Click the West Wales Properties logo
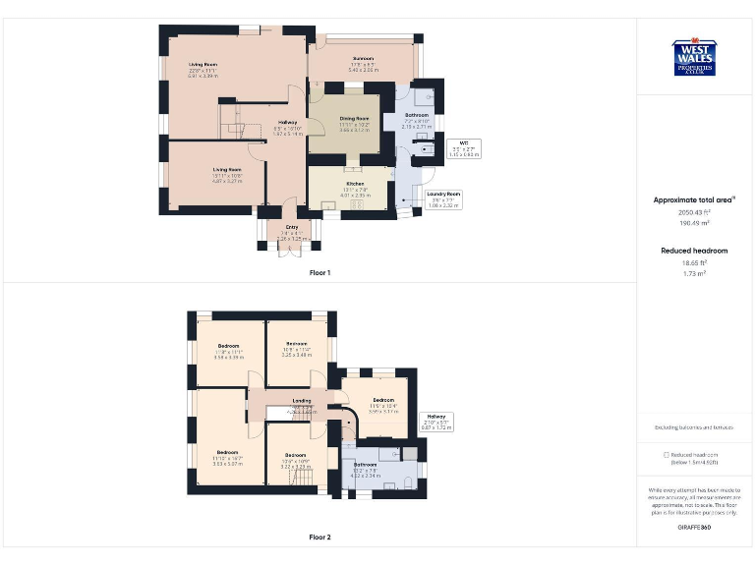click(x=695, y=57)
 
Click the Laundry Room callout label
click(x=444, y=200)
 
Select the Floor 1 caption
click(x=319, y=272)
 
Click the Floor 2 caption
click(x=319, y=538)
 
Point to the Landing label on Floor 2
click(x=302, y=401)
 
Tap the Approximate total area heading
click(x=694, y=199)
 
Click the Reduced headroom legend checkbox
click(x=667, y=455)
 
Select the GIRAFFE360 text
click(x=694, y=528)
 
